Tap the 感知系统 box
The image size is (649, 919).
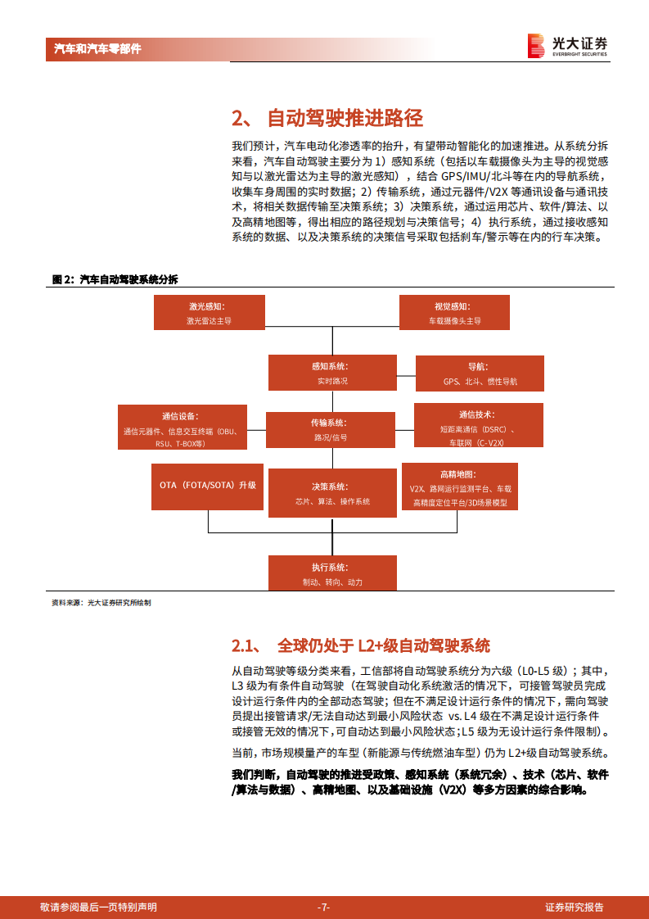click(x=332, y=373)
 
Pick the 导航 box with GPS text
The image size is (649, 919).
click(x=480, y=373)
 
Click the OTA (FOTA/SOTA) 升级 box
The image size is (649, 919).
click(x=208, y=485)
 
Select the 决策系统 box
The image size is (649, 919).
click(x=331, y=493)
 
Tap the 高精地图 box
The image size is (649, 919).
click(x=460, y=488)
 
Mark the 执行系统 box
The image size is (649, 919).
click(x=331, y=573)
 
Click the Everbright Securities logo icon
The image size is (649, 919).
click(x=536, y=46)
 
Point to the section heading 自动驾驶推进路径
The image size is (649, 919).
click(x=327, y=118)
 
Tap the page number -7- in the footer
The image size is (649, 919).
click(x=324, y=907)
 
